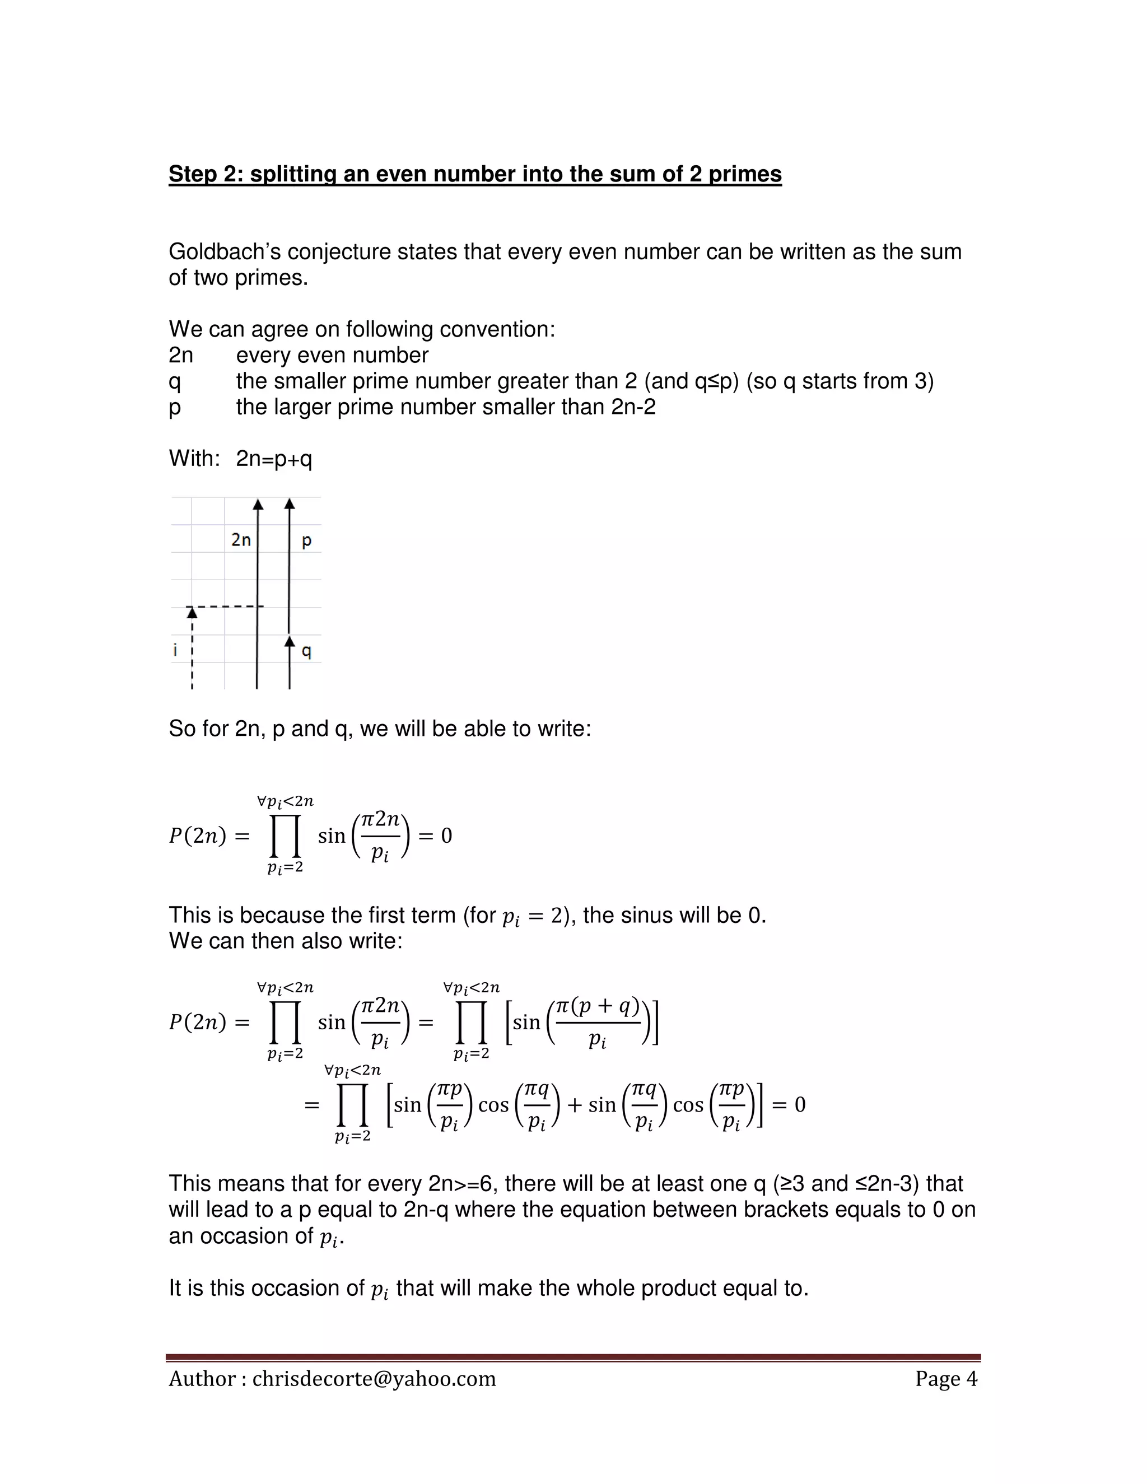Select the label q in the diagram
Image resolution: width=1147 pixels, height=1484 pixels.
306,651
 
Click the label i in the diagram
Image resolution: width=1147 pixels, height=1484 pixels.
175,650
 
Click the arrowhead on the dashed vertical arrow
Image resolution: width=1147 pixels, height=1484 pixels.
192,613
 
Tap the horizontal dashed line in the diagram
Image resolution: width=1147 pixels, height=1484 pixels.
227,606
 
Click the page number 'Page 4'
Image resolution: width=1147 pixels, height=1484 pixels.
946,1379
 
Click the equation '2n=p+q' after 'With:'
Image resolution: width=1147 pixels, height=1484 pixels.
274,459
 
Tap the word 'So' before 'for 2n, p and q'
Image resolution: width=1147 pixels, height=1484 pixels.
182,729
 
